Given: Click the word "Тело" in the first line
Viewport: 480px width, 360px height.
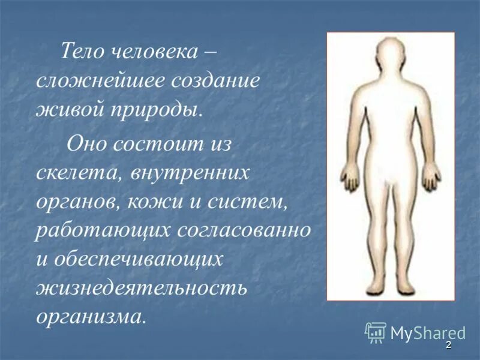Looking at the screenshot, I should [x=80, y=53].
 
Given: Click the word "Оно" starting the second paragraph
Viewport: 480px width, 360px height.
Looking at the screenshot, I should [x=87, y=144].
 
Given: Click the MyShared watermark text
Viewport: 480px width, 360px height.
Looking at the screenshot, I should [x=428, y=332].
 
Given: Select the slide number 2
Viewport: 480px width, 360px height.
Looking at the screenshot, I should [x=448, y=346].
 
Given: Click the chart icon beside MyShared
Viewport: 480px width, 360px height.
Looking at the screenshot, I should [x=376, y=332].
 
